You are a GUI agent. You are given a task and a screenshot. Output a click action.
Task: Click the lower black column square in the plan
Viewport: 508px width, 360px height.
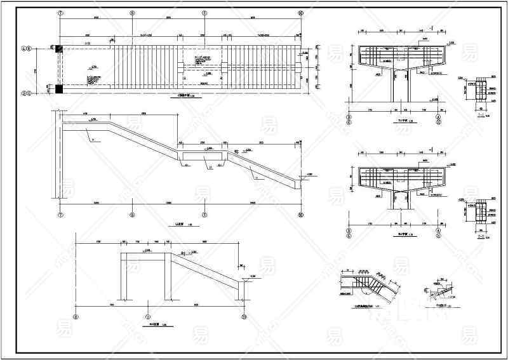click(59, 89)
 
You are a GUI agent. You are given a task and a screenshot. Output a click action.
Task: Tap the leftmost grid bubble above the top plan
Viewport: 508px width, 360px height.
click(60, 12)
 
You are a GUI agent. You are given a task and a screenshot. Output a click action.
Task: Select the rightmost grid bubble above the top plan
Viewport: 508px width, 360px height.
click(301, 12)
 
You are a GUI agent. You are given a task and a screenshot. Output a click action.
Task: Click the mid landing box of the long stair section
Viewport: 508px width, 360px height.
click(203, 156)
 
